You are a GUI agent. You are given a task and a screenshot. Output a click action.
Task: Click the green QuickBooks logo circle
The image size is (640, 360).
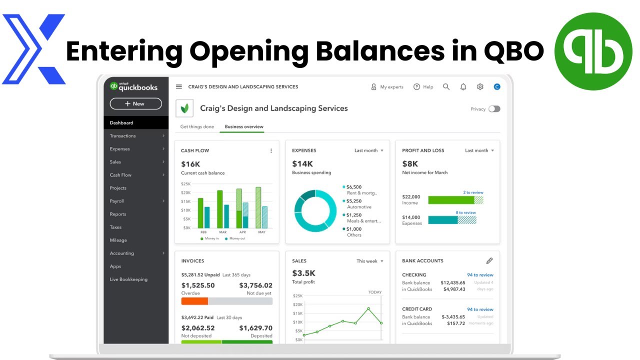coord(593,51)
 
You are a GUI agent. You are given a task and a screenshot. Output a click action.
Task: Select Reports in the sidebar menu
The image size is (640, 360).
coord(118,214)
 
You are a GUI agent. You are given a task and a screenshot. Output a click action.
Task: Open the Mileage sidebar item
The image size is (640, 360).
coord(118,240)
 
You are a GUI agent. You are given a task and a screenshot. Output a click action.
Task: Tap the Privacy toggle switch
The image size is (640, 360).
coord(494,109)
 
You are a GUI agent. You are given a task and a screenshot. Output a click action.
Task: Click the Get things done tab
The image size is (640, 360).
coord(197,126)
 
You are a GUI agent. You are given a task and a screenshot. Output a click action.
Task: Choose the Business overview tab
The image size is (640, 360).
coord(244,126)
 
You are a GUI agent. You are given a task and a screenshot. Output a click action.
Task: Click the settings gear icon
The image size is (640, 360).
coord(480,87)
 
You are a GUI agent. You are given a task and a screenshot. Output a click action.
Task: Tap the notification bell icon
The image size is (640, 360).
coord(463,87)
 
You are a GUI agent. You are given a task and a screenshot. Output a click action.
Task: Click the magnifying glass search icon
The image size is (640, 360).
coord(446,87)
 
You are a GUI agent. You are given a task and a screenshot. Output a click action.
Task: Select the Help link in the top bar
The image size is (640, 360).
coord(423,87)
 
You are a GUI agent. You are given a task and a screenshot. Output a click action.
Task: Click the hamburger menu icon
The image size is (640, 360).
coord(179,87)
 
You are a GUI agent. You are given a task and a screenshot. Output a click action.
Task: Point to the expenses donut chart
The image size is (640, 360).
coord(315,211)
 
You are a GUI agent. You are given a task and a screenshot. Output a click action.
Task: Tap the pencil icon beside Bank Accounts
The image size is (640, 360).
coord(489,260)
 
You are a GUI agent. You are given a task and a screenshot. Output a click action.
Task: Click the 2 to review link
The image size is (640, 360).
coord(473,192)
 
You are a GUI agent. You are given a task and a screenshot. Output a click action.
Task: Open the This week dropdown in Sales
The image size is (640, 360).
coord(370,261)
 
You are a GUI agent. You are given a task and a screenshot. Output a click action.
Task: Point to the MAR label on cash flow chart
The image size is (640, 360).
coord(223,232)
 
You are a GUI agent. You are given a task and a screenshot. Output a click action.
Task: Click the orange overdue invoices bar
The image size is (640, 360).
coord(194,301)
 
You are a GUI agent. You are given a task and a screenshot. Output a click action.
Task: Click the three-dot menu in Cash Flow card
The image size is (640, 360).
coord(271,150)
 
